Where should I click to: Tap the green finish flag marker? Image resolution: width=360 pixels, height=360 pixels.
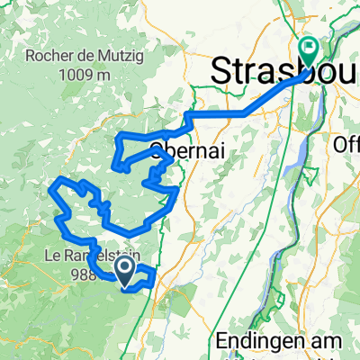point(310,51)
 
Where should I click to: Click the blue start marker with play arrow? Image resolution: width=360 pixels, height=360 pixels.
point(125,268)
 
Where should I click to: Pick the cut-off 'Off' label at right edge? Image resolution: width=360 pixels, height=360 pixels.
point(346,144)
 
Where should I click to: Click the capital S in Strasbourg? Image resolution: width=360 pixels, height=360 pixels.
point(222,72)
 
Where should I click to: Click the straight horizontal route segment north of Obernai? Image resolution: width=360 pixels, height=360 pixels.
point(216,114)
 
